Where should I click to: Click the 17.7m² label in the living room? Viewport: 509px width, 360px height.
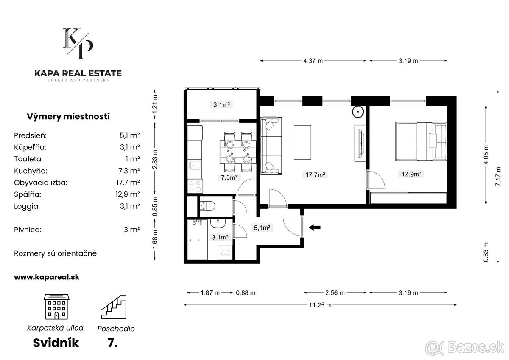pyautogui.click(x=315, y=174)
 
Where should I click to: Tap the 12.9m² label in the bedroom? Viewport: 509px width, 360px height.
pyautogui.click(x=411, y=174)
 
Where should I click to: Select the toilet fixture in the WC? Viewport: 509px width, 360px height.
pyautogui.click(x=207, y=206)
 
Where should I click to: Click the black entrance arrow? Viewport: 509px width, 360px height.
pyautogui.click(x=315, y=227)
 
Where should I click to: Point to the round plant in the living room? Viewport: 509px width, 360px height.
pyautogui.click(x=358, y=112)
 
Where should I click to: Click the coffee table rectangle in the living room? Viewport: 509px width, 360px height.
pyautogui.click(x=302, y=142)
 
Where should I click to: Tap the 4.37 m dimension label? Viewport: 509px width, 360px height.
pyautogui.click(x=313, y=61)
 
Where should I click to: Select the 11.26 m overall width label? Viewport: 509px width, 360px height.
pyautogui.click(x=320, y=305)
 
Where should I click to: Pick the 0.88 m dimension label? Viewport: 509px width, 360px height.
pyautogui.click(x=246, y=292)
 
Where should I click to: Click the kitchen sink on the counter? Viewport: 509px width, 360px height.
pyautogui.click(x=195, y=165)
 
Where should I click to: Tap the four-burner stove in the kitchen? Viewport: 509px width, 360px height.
pyautogui.click(x=195, y=186)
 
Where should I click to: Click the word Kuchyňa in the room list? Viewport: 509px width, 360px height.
pyautogui.click(x=31, y=171)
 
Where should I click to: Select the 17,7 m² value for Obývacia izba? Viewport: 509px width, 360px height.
pyautogui.click(x=128, y=183)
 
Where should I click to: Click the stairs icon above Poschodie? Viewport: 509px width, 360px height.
pyautogui.click(x=114, y=307)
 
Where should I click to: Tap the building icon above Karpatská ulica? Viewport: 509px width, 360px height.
pyautogui.click(x=56, y=307)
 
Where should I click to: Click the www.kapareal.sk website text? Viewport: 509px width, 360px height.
pyautogui.click(x=47, y=277)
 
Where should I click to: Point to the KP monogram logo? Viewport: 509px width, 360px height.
pyautogui.click(x=78, y=44)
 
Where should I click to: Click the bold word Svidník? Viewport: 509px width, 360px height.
pyautogui.click(x=56, y=343)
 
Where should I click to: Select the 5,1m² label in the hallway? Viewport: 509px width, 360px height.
pyautogui.click(x=262, y=228)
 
